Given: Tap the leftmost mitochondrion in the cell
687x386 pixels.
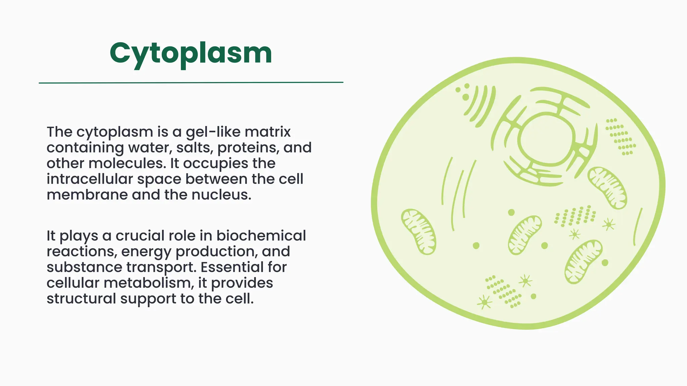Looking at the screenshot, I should coord(418,232).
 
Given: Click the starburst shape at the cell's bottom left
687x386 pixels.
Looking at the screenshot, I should coord(484,302).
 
